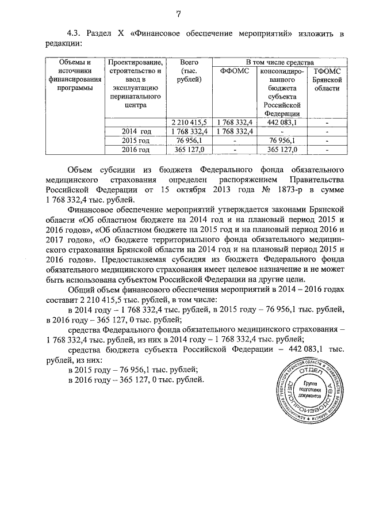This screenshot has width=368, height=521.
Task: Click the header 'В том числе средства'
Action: point(279,61)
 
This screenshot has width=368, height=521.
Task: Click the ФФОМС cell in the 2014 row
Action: point(234,132)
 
